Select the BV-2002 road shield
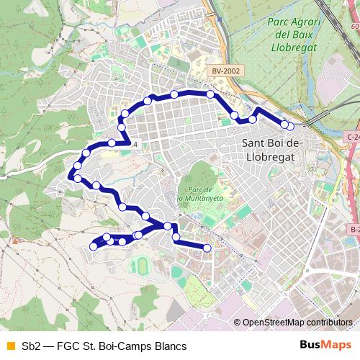point(226,71)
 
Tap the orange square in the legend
point(10,346)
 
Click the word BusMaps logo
point(323,346)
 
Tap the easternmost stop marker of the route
point(290,126)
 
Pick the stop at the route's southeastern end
point(207,248)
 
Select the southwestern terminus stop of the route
point(93,247)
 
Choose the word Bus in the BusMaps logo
point(310,346)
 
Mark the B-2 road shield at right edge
point(355,230)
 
